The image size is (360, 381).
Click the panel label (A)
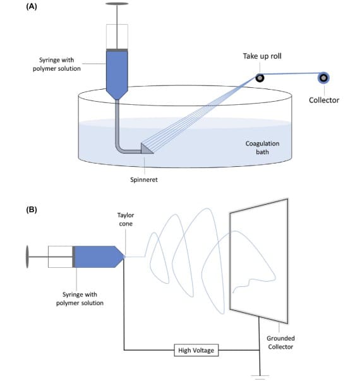coord(32,6)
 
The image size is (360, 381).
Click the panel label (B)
coord(32,209)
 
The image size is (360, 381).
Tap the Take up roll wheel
coord(260,78)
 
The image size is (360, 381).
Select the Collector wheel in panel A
coord(323,78)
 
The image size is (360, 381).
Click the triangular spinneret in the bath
coord(147,148)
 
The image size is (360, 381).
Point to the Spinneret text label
coord(144,180)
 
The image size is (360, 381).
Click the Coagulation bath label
coord(262,148)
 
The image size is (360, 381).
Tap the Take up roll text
coord(262,56)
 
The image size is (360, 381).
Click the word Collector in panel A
coord(324,100)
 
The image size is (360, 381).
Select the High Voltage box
coord(196,350)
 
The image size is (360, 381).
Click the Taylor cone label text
coord(126,219)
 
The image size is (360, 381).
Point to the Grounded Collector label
coord(280,342)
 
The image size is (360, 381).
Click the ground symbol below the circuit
coord(260,377)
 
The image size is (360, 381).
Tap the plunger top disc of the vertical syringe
coord(117,4)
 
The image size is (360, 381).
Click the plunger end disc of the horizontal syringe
coord(27,257)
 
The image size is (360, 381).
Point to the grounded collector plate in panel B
coord(259,261)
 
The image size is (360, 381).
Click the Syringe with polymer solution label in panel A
coord(57,64)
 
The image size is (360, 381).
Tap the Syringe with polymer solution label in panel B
coord(80,299)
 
